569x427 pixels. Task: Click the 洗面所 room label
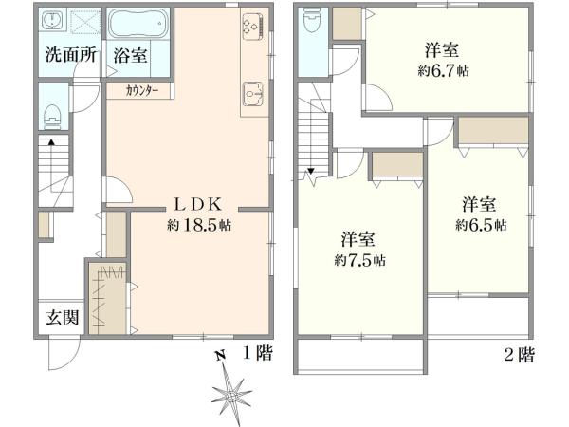72,55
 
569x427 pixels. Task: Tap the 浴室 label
131,55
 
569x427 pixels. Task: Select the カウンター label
147,91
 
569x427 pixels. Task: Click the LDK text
196,203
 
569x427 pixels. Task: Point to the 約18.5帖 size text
198,225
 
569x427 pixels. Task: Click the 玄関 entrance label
63,317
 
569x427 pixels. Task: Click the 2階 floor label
518,355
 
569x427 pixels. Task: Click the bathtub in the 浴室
138,22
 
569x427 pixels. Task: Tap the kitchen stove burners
253,30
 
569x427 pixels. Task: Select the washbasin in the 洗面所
52,22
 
